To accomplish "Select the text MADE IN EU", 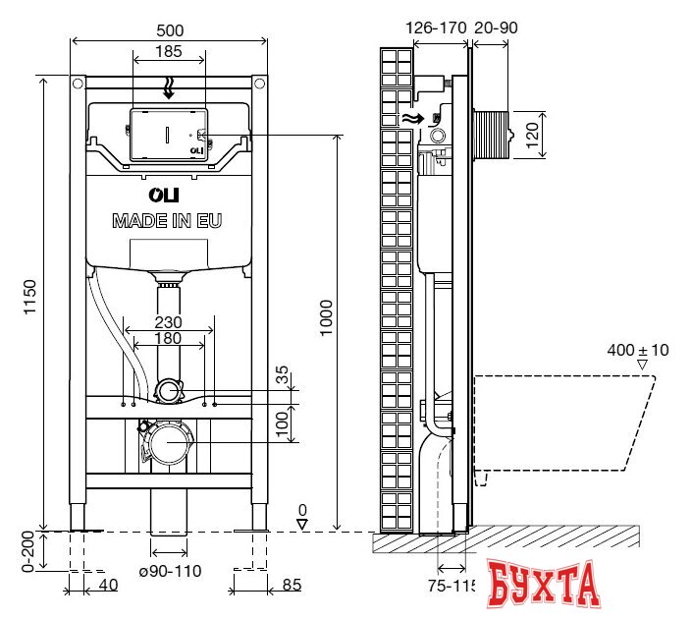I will [167, 220].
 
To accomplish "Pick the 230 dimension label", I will [170, 321].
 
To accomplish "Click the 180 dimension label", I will [170, 339].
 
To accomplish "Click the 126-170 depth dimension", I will [436, 28].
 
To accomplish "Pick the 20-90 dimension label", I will [495, 28].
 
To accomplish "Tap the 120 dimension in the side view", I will [531, 134].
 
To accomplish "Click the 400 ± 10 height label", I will [637, 350].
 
